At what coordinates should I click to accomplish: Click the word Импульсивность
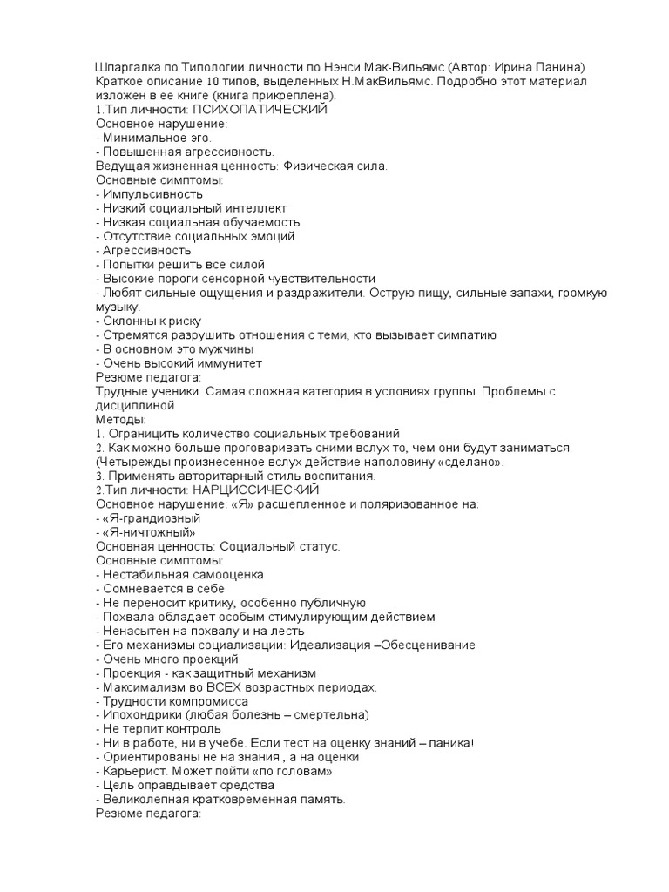coord(153,193)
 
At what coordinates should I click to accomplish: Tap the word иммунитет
coord(229,363)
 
